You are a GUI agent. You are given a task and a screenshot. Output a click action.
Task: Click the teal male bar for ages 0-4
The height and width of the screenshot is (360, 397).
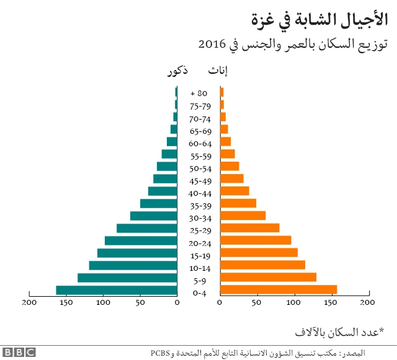coord(117,290)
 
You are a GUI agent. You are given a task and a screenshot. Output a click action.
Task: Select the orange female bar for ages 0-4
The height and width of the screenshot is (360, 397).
coord(279,290)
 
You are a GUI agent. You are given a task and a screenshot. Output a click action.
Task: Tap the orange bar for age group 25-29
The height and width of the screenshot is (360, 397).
coord(249,228)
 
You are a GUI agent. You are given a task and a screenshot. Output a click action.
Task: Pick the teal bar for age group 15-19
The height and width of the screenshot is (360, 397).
coord(137,253)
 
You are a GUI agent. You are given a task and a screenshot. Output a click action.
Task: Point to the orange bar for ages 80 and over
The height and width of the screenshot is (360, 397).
coord(221,92)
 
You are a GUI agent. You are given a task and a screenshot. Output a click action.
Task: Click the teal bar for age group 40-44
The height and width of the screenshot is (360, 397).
coord(163,191)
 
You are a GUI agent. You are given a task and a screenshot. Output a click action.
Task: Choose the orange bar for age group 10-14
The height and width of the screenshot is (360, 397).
coord(262,265)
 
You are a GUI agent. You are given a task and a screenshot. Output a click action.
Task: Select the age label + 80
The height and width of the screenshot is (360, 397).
coord(199,94)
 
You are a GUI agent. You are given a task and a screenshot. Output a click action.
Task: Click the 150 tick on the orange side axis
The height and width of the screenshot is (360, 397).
coord(331,303)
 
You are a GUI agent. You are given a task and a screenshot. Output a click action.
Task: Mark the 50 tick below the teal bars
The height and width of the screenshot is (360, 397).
coord(140,303)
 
